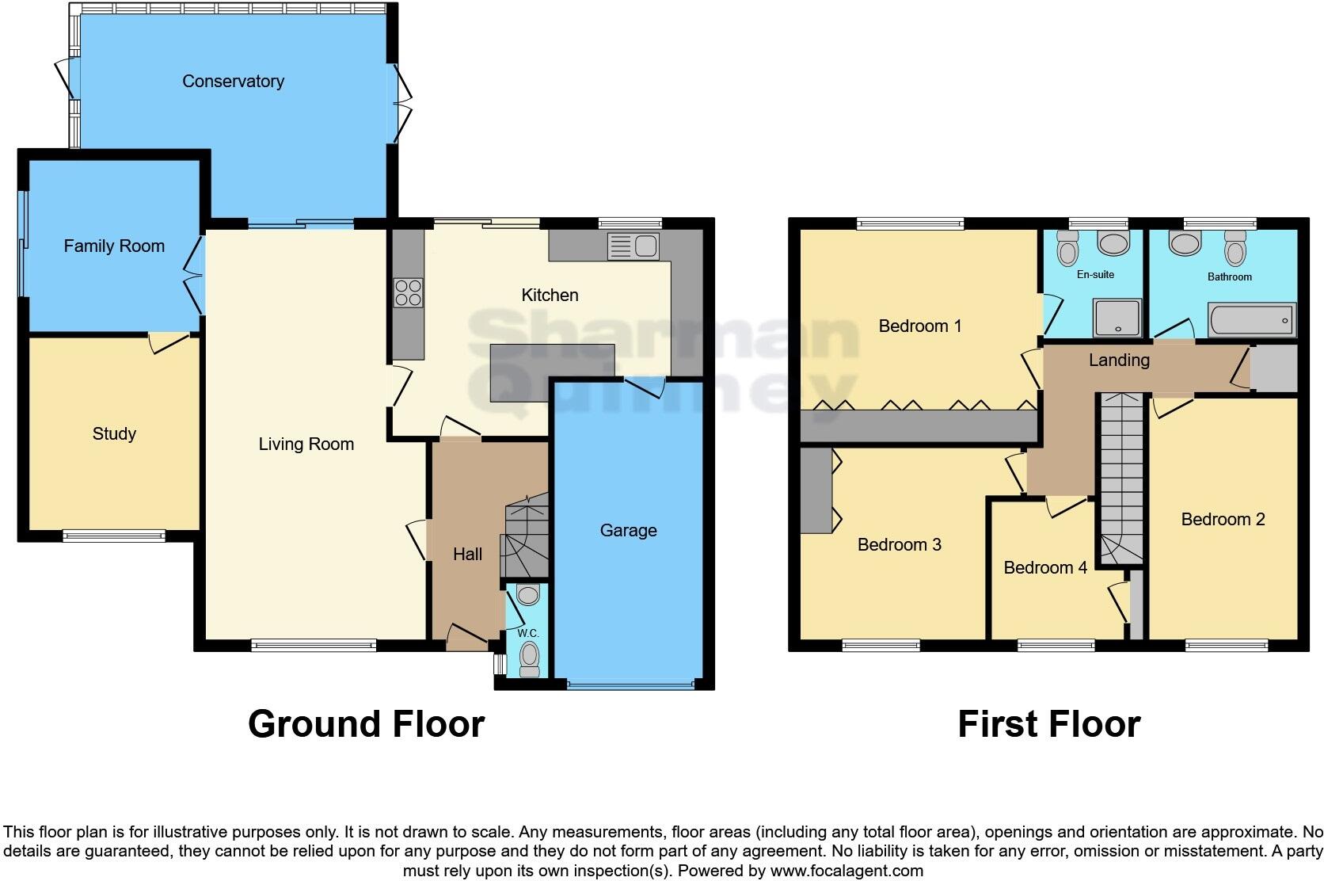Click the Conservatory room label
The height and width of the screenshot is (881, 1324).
click(233, 82)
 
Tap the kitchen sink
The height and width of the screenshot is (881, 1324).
click(633, 246)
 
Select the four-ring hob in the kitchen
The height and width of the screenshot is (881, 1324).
click(409, 292)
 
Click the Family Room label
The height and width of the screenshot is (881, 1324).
click(114, 246)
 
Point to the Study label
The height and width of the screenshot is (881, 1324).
click(114, 433)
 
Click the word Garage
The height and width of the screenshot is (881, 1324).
click(628, 531)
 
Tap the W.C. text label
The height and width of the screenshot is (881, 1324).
click(527, 634)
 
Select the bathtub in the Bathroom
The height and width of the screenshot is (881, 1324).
click(1251, 321)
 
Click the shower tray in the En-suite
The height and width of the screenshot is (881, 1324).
click(1117, 318)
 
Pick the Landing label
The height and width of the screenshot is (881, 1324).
click(1118, 360)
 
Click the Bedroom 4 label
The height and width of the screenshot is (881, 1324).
click(1044, 568)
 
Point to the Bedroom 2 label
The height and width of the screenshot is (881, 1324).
click(1223, 520)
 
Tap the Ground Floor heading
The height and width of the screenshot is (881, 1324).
click(366, 724)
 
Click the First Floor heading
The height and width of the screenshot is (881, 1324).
click(1048, 724)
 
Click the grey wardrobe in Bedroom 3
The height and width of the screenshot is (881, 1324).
click(814, 491)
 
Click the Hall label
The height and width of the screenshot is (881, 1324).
click(467, 555)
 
